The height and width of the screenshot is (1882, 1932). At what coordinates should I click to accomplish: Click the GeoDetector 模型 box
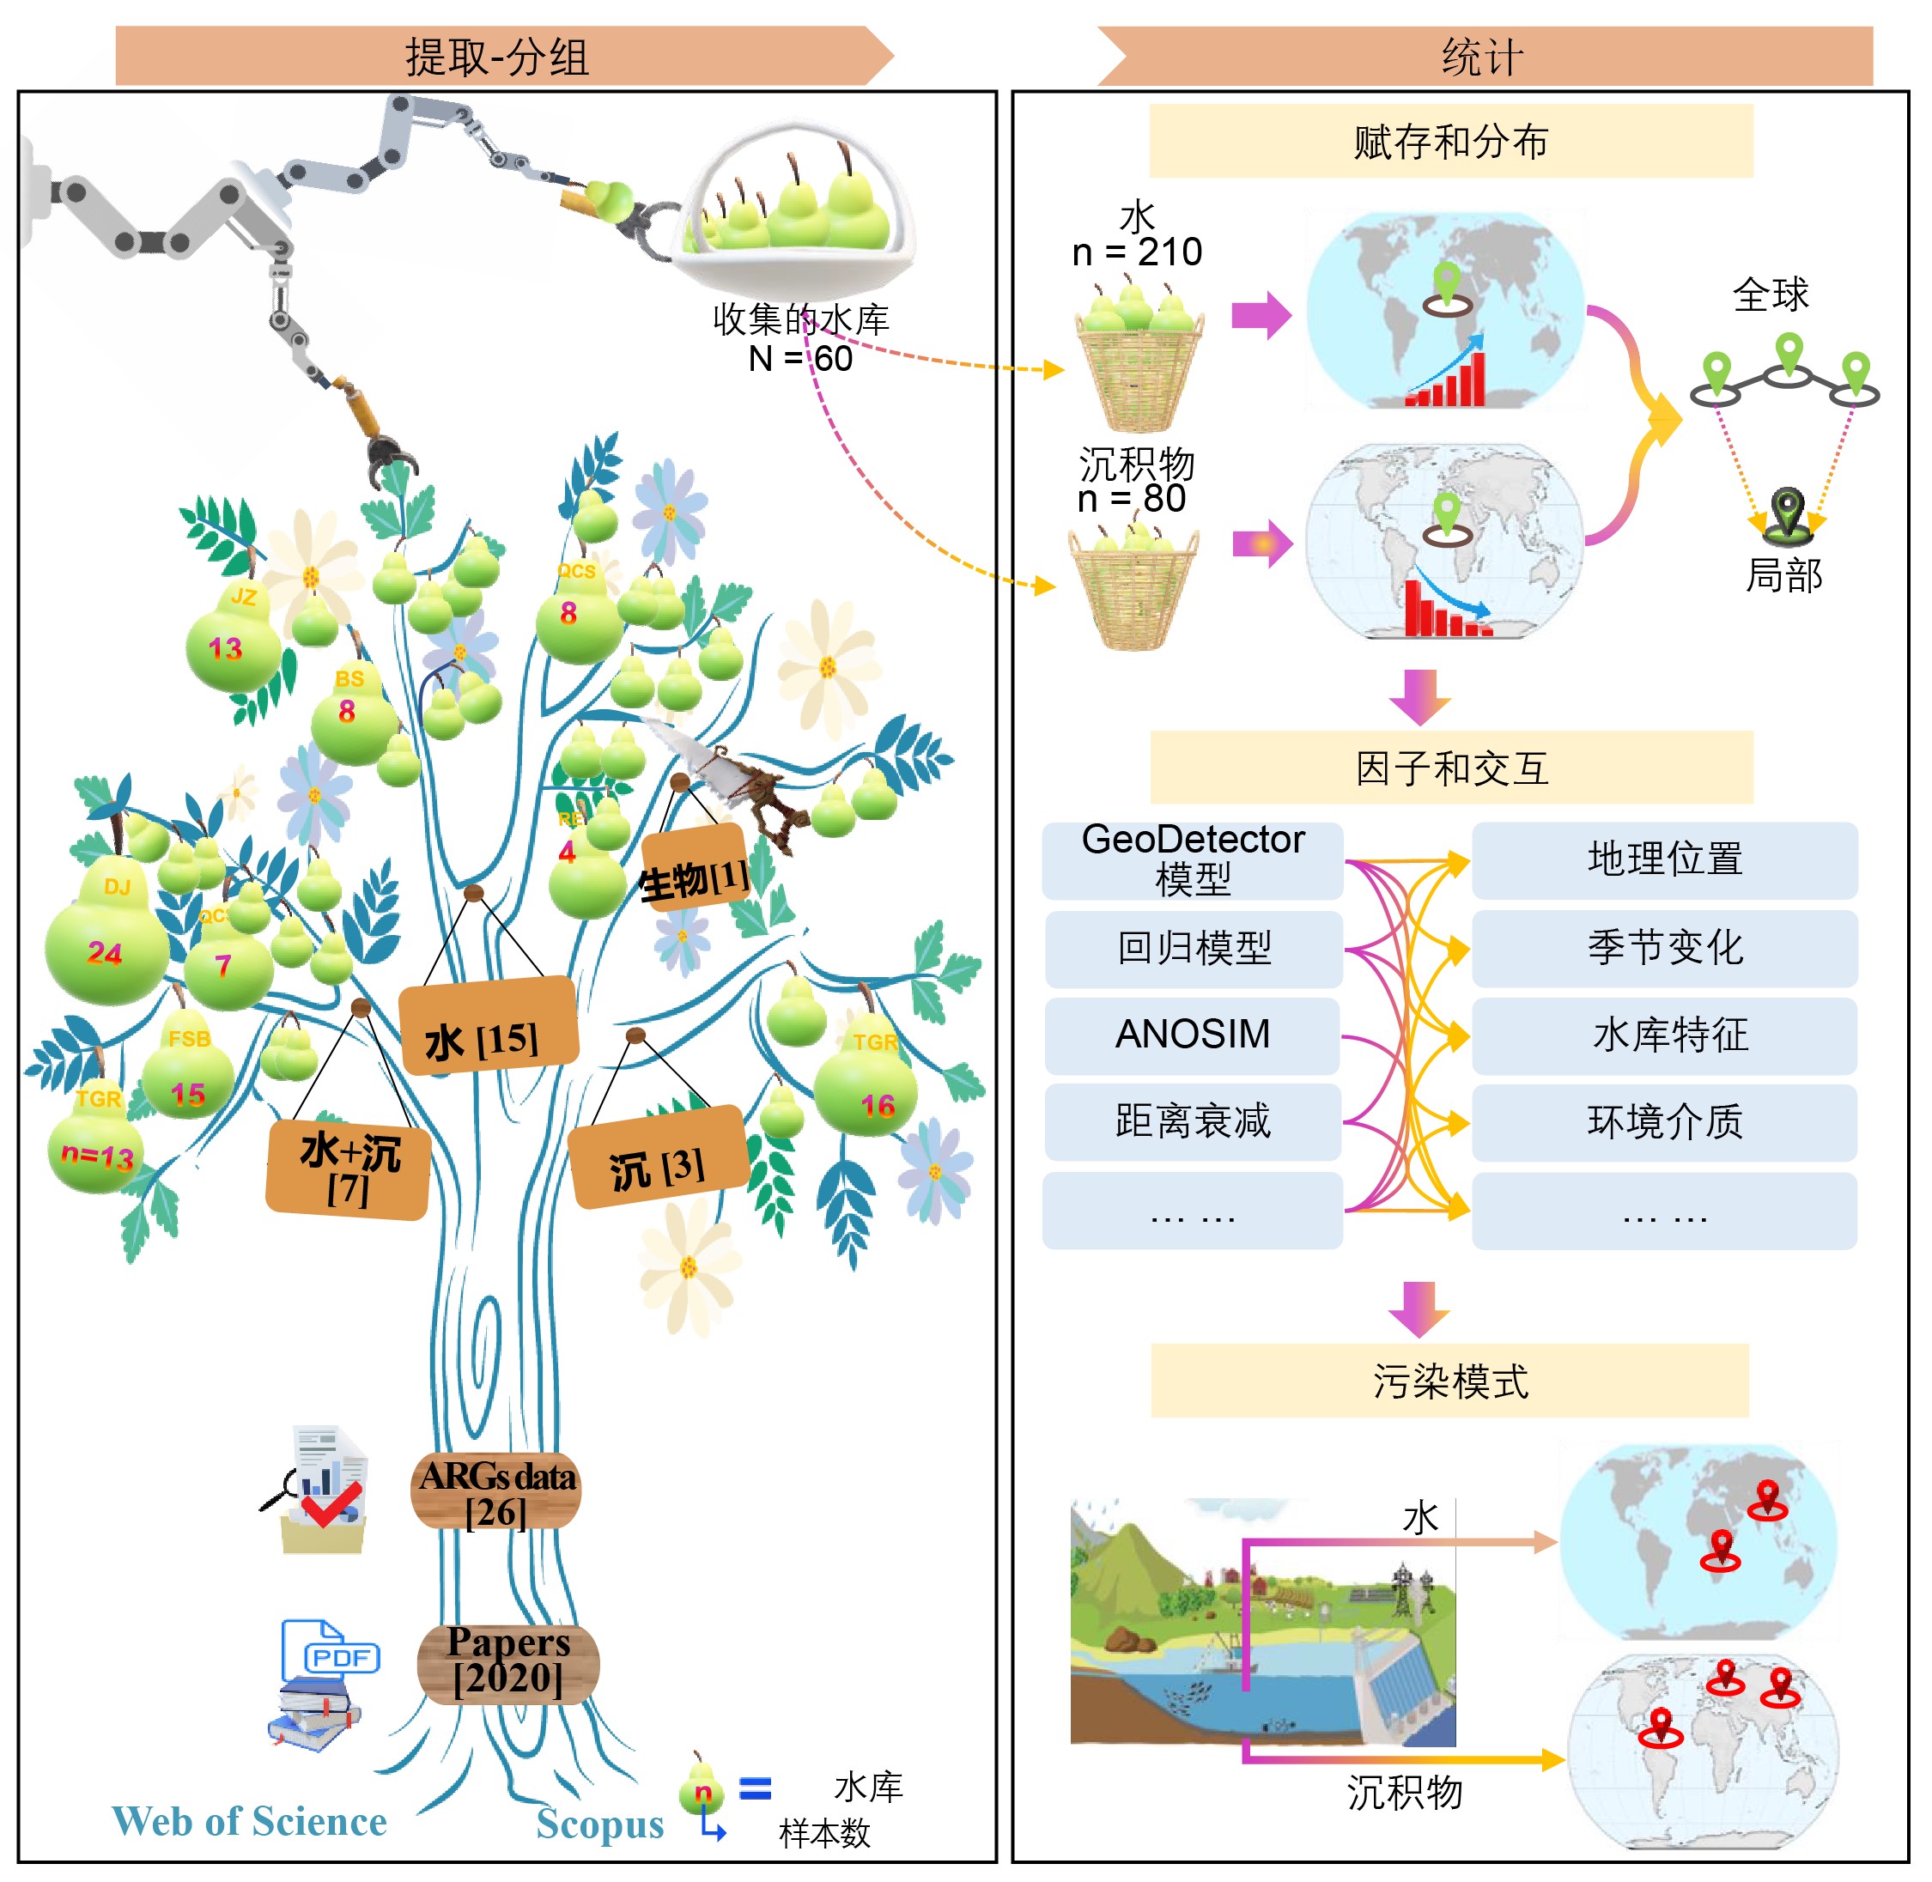point(1193,860)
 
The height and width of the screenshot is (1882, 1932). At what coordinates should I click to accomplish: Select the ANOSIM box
point(1193,1034)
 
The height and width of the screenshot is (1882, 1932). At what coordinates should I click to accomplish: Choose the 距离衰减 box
point(1193,1121)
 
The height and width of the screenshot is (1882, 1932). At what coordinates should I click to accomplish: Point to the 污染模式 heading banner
point(1449,1380)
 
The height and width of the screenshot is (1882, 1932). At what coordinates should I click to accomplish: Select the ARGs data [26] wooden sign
point(496,1490)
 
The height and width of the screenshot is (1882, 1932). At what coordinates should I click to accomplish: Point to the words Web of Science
point(249,1821)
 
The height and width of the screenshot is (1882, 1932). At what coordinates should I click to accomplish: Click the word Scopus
point(600,1824)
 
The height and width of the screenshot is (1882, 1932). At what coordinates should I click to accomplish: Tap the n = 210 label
point(1137,252)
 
